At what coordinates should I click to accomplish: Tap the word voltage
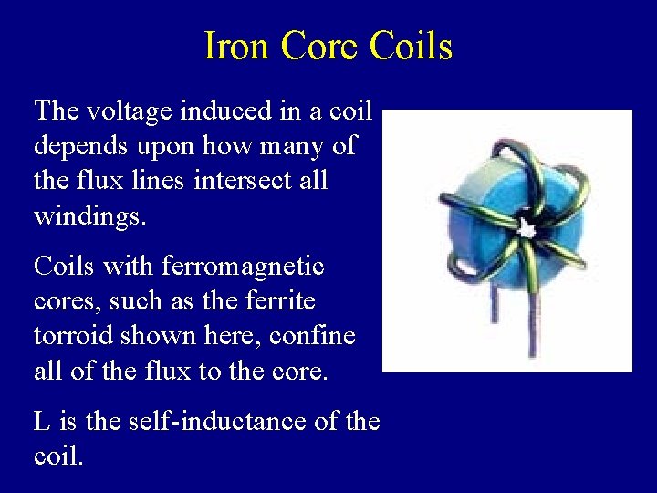pos(130,111)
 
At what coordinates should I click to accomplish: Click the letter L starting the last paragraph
pos(42,422)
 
